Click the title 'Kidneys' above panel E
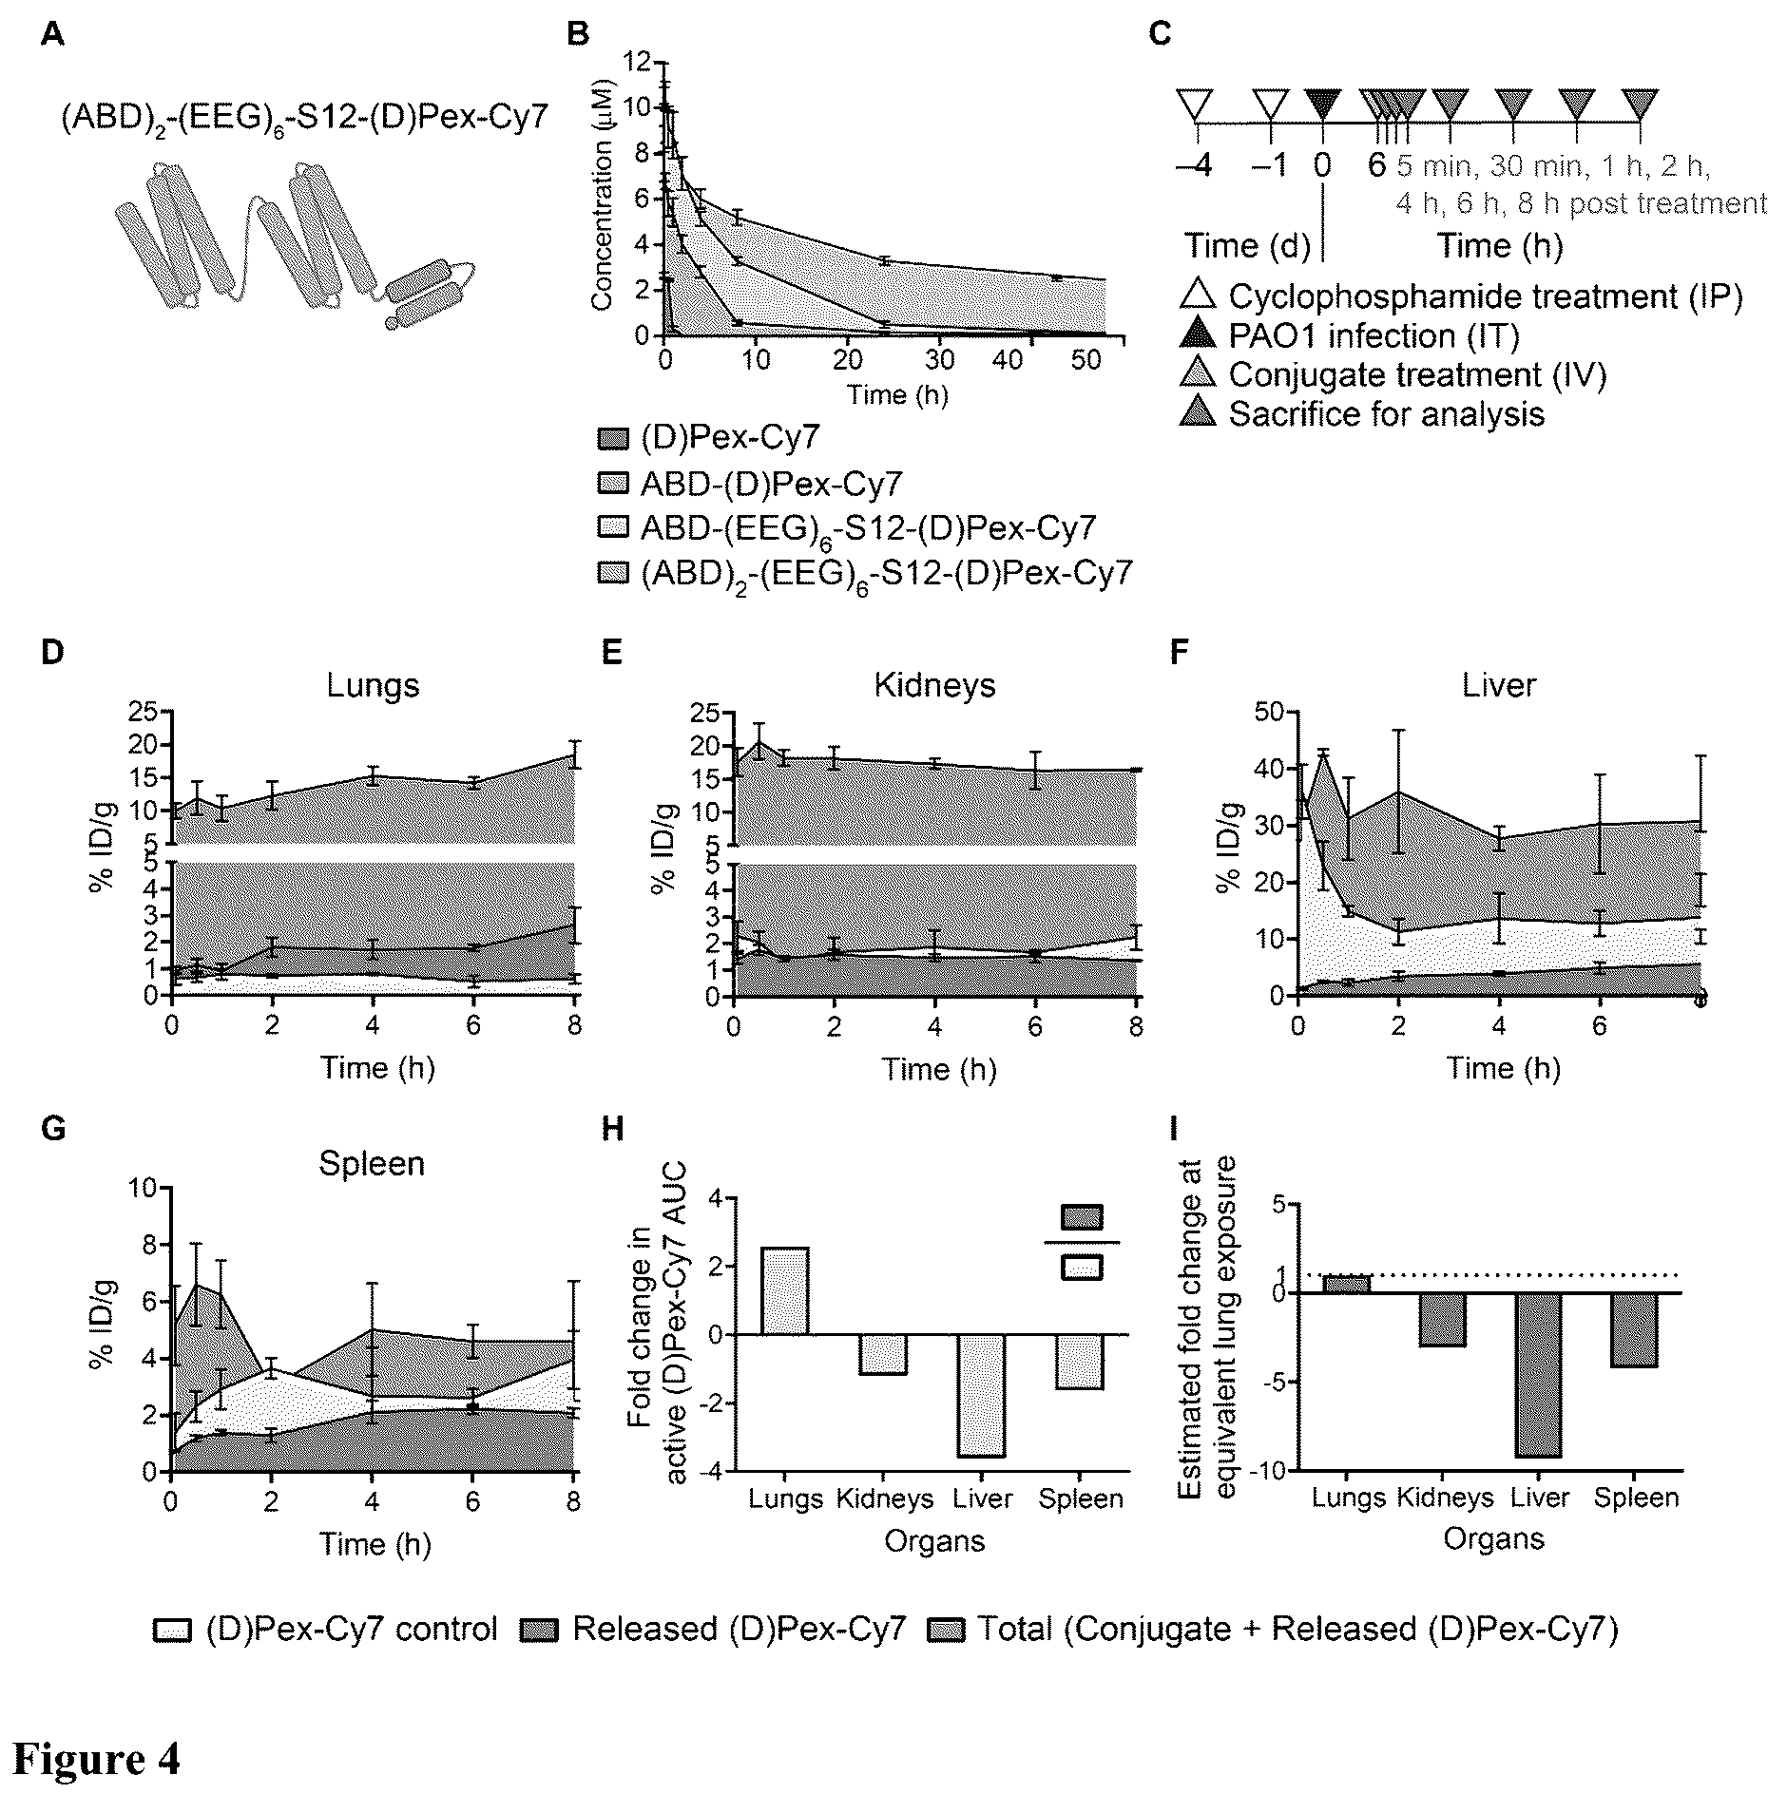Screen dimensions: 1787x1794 934,685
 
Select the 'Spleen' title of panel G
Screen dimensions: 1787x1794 372,1164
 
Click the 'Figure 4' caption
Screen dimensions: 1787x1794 96,1758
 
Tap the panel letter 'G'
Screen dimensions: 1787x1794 53,1130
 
